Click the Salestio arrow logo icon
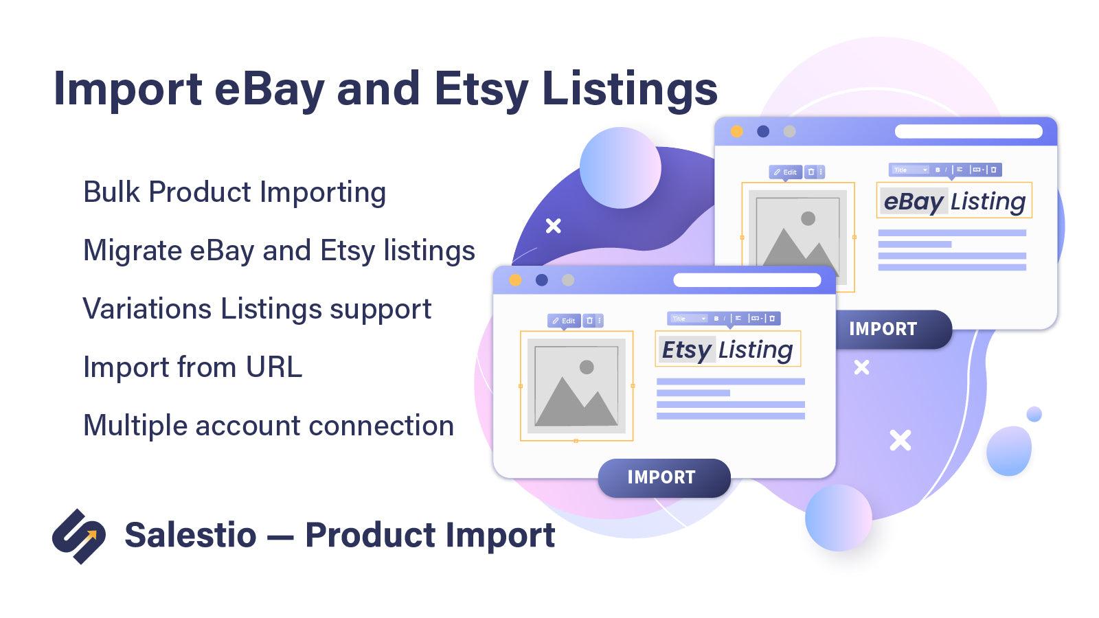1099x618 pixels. click(79, 536)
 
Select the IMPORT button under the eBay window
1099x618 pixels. click(883, 329)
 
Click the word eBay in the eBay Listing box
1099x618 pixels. click(914, 201)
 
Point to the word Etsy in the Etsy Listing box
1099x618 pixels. click(686, 350)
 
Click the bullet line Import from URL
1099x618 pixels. click(192, 367)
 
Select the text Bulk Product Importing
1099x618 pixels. click(234, 192)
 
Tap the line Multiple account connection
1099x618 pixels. click(268, 426)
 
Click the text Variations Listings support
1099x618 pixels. click(257, 309)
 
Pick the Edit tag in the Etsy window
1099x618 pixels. click(564, 321)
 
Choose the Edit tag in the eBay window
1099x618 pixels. click(785, 172)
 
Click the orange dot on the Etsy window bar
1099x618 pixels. click(515, 280)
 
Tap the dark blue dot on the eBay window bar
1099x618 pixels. click(763, 131)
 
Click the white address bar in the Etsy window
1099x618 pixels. click(747, 280)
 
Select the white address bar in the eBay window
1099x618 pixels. click(968, 131)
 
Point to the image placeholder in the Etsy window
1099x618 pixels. click(576, 385)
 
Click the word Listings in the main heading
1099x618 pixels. click(630, 89)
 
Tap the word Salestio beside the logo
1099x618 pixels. click(190, 535)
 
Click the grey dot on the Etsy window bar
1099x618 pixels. click(568, 280)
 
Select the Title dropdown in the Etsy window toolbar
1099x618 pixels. click(688, 319)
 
